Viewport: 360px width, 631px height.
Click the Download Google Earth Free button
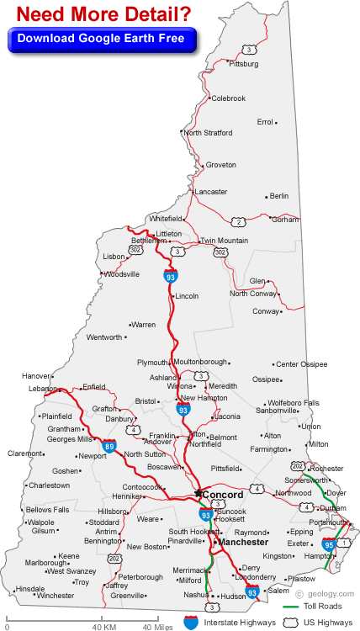click(101, 38)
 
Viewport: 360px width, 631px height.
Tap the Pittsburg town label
click(244, 64)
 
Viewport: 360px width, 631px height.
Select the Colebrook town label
click(228, 98)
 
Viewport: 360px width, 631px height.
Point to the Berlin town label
click(279, 196)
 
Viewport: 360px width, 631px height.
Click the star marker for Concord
click(199, 494)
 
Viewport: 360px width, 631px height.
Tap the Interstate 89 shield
click(110, 447)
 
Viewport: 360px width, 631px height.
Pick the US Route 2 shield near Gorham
click(239, 222)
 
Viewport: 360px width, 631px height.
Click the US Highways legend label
click(329, 623)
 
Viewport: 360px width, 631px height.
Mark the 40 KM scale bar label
click(103, 626)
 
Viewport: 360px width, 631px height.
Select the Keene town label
click(68, 556)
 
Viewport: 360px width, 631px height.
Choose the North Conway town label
click(253, 294)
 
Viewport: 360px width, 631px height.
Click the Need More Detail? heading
click(101, 14)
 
